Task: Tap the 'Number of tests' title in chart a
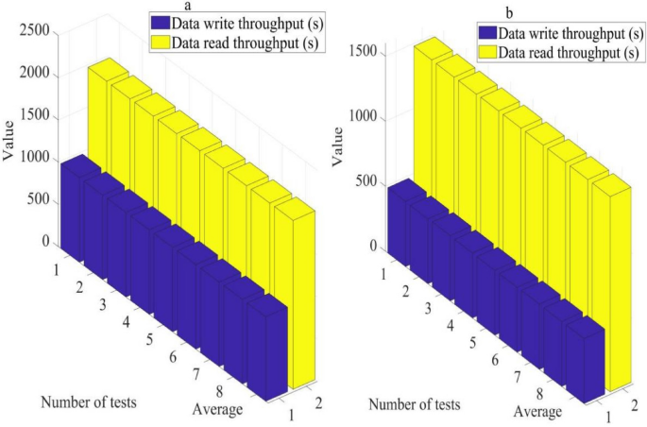pos(88,401)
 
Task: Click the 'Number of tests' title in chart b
pos(414,404)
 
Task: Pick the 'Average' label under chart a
pos(218,409)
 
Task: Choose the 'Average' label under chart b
pos(537,412)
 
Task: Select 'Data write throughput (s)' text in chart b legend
pos(570,33)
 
